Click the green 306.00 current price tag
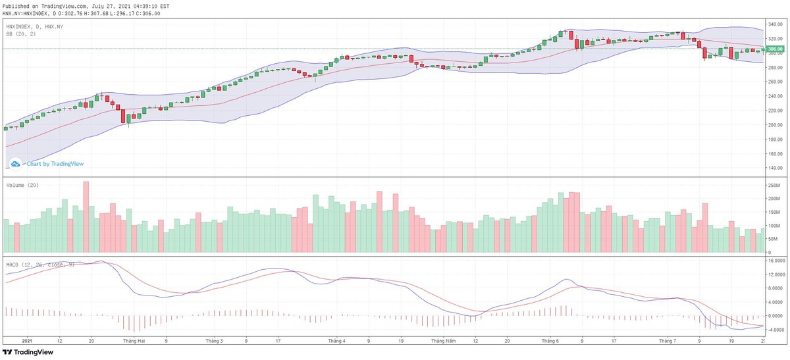pyautogui.click(x=775, y=49)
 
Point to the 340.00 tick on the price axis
pyautogui.click(x=775, y=24)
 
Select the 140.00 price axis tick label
pyautogui.click(x=775, y=168)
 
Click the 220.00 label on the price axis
pyautogui.click(x=775, y=111)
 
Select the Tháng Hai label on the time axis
pyautogui.click(x=134, y=342)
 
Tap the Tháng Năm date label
pyautogui.click(x=443, y=342)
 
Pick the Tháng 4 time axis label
pyautogui.click(x=336, y=342)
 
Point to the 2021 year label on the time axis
pyautogui.click(x=27, y=342)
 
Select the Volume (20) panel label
pyautogui.click(x=22, y=185)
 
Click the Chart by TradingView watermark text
pyautogui.click(x=55, y=164)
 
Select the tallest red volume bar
pyautogui.click(x=86, y=217)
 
